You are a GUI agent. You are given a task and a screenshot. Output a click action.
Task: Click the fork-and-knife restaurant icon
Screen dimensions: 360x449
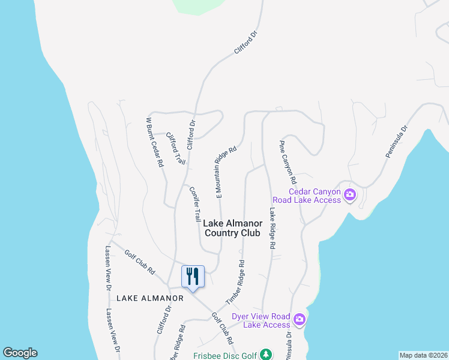point(193,277)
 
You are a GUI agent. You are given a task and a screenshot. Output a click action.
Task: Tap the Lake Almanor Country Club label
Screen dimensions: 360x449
point(232,228)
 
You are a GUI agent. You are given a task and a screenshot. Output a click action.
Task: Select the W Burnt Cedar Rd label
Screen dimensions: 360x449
point(155,142)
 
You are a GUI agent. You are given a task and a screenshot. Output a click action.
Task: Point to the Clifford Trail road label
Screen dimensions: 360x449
point(175,148)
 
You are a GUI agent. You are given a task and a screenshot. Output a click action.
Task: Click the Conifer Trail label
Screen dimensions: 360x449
point(194,203)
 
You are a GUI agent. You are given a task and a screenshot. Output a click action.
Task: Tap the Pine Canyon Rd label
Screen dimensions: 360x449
point(288,162)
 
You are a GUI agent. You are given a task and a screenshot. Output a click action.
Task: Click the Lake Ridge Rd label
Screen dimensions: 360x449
point(271,229)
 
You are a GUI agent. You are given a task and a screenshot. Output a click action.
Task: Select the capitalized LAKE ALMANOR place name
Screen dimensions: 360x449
point(142,298)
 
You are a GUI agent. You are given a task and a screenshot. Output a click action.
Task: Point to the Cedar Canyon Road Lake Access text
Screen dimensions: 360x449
point(306,196)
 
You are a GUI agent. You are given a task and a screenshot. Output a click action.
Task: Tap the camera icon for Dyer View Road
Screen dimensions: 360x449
point(300,319)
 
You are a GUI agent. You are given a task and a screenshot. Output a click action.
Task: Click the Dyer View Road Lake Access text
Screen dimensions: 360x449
point(261,320)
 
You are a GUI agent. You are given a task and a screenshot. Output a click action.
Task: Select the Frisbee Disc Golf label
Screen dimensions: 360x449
point(224,355)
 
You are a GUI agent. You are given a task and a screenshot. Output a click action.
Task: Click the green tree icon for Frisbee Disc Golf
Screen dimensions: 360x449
point(265,355)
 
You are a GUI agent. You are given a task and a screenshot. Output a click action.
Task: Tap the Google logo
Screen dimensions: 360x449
point(20,353)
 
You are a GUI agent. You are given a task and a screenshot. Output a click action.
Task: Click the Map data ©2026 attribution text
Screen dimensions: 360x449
point(423,355)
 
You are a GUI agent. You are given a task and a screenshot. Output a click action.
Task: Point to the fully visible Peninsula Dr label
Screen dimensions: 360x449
point(396,142)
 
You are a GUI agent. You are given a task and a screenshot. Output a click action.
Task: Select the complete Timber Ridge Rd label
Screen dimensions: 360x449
point(235,281)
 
